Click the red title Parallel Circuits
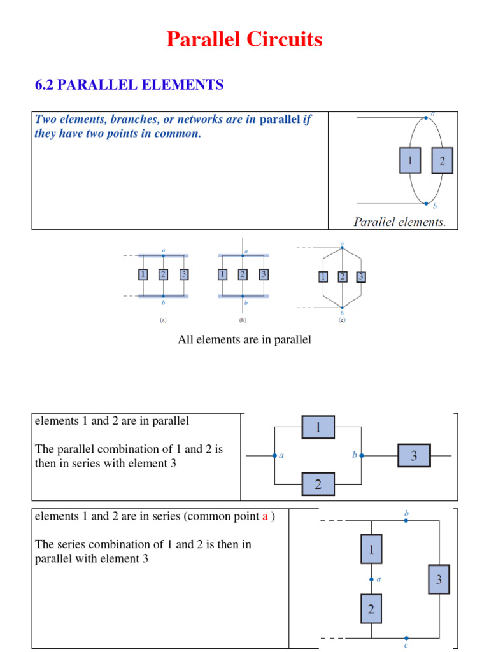244,40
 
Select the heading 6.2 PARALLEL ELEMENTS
129,85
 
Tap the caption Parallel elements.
400,222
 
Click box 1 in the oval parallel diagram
410,160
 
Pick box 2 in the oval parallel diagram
442,160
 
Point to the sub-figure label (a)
163,321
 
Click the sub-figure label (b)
243,321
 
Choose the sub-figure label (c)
342,321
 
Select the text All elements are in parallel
244,339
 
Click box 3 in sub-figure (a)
184,274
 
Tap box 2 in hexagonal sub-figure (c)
343,276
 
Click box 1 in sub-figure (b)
222,274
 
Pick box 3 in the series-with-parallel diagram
414,456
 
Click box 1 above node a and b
318,427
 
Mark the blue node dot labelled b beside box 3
362,456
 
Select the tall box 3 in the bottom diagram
438,579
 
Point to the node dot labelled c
406,637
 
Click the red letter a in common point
264,516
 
